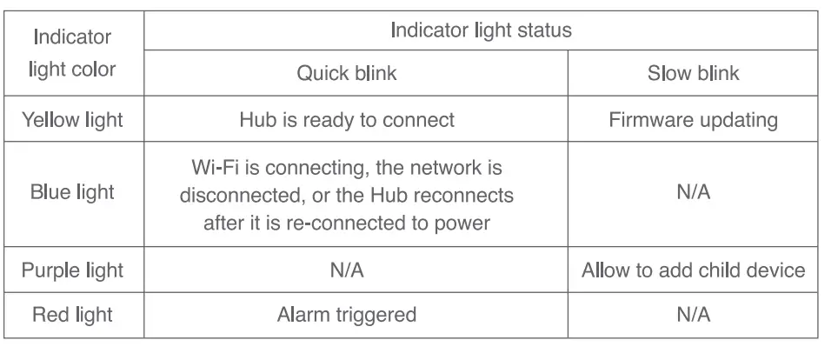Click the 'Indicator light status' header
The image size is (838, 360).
[481, 30]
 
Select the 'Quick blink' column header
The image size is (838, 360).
[346, 73]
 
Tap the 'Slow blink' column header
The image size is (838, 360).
[693, 73]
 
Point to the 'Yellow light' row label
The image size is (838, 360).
[73, 119]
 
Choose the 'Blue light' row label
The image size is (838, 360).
[73, 193]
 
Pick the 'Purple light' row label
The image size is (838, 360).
[73, 270]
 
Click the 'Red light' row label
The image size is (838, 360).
[73, 314]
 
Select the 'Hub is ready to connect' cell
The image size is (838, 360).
[346, 119]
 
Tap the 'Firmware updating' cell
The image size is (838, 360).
[693, 119]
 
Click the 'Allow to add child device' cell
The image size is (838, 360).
[693, 270]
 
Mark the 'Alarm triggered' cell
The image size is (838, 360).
[346, 314]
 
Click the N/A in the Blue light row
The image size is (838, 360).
[693, 193]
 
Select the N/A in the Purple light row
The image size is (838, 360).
[346, 270]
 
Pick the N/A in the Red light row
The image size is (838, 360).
[693, 314]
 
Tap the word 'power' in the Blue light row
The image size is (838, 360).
[464, 222]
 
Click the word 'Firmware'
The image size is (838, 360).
[645, 119]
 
